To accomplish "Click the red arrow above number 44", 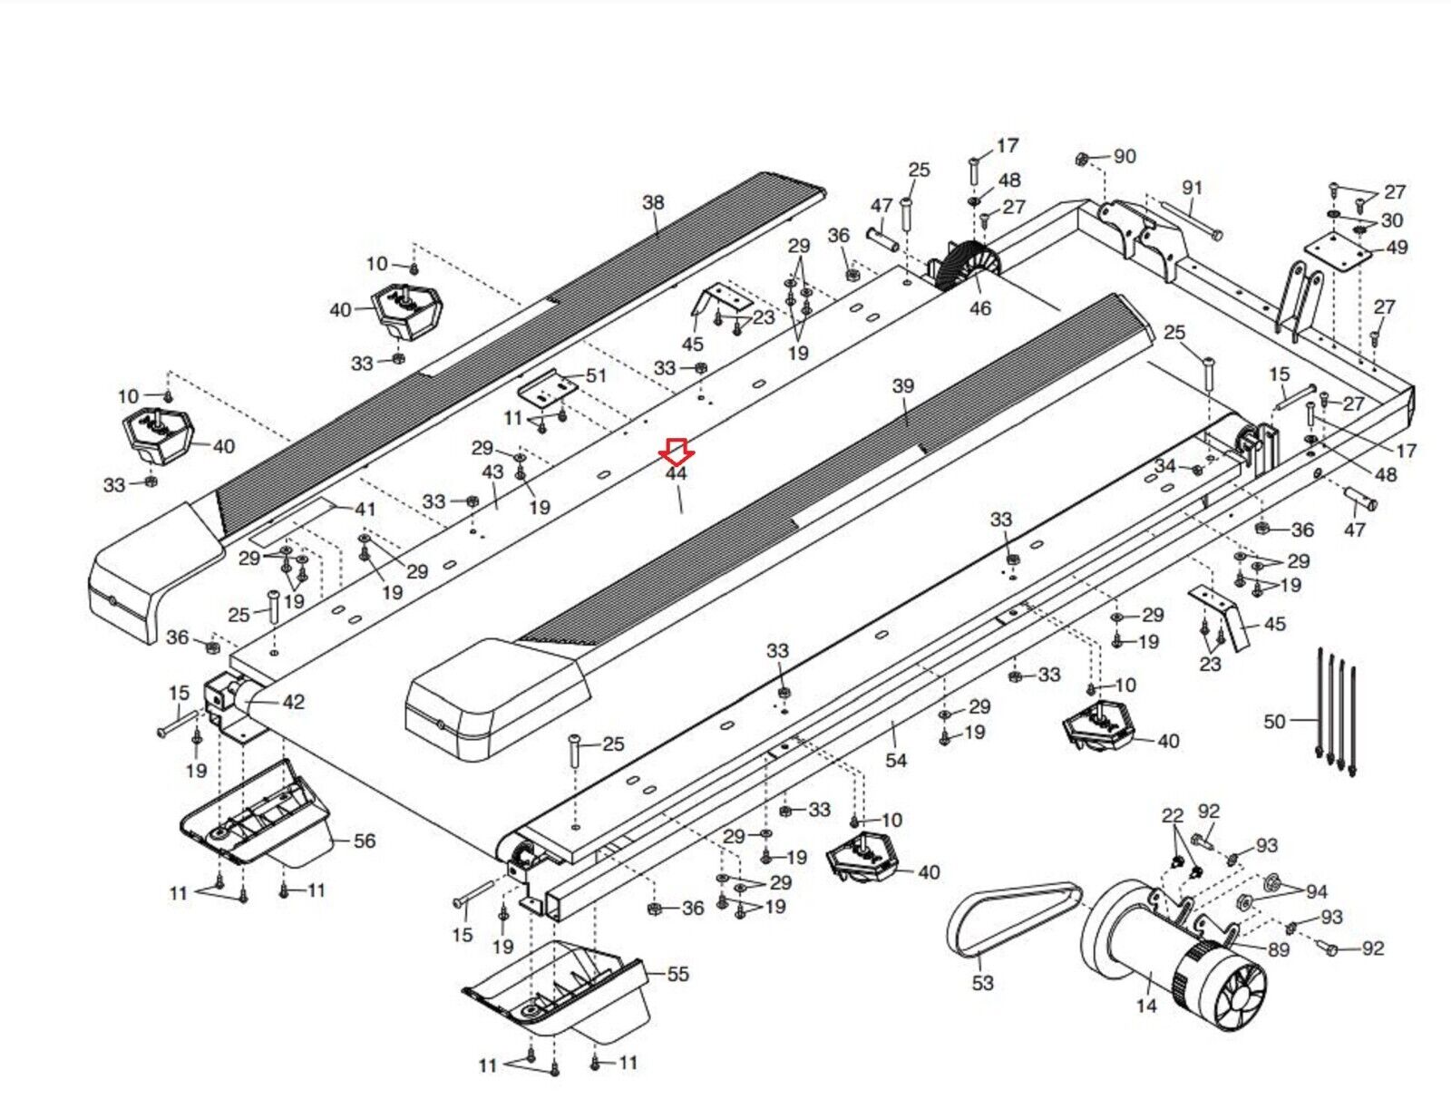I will click(677, 450).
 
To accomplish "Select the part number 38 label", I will click(653, 202).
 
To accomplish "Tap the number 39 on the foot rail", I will click(903, 386).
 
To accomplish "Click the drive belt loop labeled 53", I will click(1013, 917).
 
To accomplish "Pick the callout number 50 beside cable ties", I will click(1274, 721).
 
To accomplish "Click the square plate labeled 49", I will click(1338, 248).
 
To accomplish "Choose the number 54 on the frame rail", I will click(896, 760).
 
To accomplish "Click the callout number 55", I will click(677, 974).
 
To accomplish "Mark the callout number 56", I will click(364, 841).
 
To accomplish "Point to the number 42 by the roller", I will click(294, 702).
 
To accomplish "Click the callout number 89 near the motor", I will click(1278, 949).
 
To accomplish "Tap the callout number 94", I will click(1317, 891).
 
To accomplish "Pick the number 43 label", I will click(492, 472).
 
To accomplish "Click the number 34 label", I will click(1164, 466).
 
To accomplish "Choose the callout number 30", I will click(1391, 220).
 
